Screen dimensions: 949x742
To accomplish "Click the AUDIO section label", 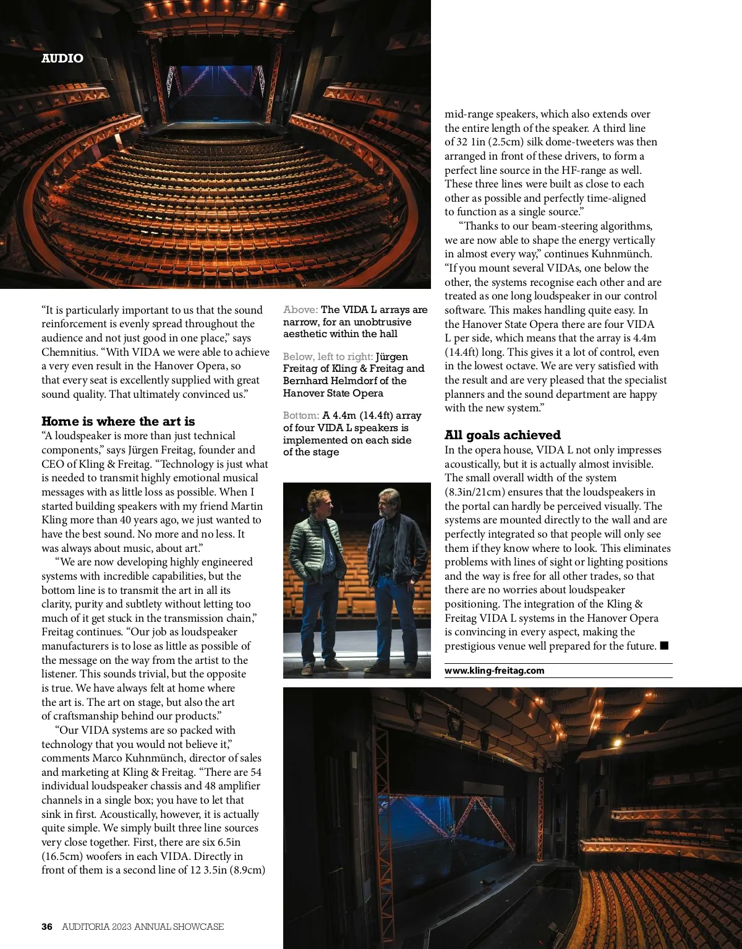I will click(x=62, y=58).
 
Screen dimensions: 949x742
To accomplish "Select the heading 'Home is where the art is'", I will click(x=118, y=421).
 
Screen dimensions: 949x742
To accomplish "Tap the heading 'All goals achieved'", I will click(x=502, y=435).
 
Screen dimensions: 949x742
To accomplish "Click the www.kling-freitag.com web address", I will click(x=494, y=671).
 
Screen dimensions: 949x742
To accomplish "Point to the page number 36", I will click(x=47, y=927).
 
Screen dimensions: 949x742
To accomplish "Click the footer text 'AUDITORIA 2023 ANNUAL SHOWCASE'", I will click(x=143, y=927).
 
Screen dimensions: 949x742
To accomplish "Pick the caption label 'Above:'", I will click(x=301, y=310).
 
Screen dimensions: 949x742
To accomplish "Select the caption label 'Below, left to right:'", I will click(x=328, y=357).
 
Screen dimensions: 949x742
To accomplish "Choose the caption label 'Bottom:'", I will click(x=301, y=416).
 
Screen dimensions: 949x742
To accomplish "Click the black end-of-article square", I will click(x=664, y=646).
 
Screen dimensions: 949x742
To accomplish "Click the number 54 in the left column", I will click(x=255, y=772).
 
